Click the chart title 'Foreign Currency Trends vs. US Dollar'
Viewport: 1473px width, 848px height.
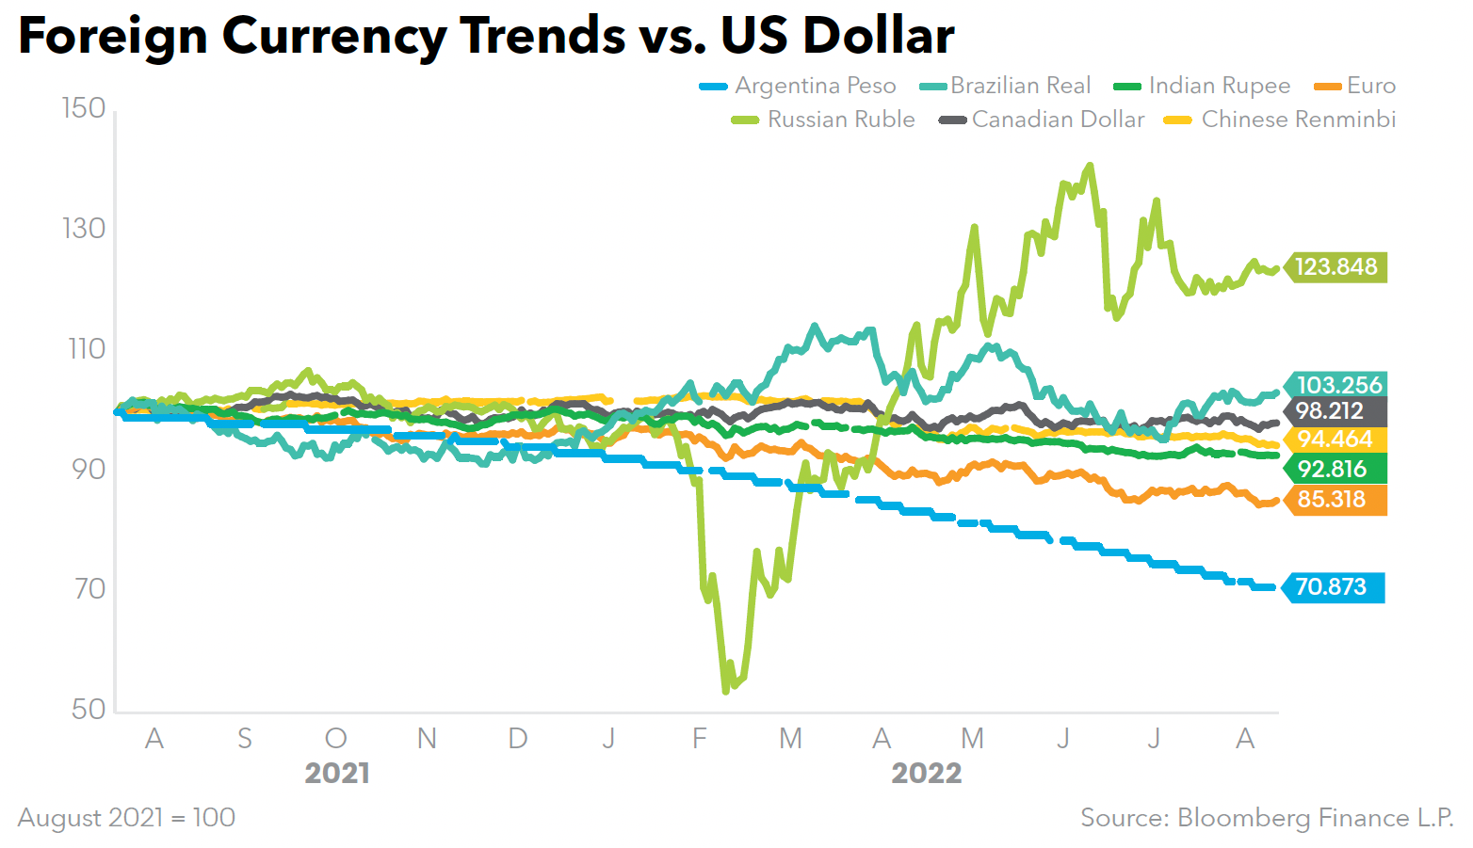coord(486,36)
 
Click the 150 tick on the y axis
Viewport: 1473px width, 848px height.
coord(84,108)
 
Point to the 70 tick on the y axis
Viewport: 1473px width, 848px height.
coord(89,589)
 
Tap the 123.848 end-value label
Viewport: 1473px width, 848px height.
coord(1335,267)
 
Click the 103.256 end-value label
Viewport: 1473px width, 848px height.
coord(1338,385)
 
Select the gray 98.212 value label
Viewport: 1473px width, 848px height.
coord(1329,410)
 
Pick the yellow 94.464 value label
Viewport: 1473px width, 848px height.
coord(1335,440)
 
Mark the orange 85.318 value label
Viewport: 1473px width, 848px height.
coord(1331,499)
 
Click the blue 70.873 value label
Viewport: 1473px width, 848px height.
coord(1330,587)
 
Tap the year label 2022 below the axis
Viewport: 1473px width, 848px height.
coord(927,774)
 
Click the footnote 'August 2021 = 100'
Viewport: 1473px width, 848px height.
coord(126,817)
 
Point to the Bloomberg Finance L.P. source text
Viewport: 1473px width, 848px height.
coord(1267,817)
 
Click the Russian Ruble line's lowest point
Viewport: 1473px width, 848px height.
coord(725,692)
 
